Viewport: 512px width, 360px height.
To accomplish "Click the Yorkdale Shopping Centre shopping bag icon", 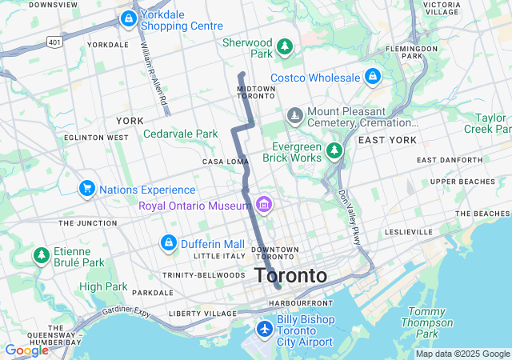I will coord(127,18).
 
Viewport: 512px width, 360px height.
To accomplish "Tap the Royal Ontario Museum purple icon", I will coord(264,206).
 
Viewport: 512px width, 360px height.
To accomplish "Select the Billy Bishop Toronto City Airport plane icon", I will coord(265,328).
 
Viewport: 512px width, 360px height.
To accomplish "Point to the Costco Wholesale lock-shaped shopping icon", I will coord(372,77).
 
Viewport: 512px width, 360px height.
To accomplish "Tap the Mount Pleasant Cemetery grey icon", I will coord(295,117).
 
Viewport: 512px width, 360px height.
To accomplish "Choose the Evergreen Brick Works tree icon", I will coord(334,150).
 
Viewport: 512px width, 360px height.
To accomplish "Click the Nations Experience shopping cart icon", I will coord(87,189).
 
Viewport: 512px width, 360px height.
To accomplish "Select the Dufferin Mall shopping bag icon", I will coord(169,242).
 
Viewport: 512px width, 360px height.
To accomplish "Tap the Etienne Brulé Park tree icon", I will coord(41,255).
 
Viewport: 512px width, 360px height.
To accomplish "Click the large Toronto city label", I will coord(290,276).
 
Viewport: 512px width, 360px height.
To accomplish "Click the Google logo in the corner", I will coord(27,350).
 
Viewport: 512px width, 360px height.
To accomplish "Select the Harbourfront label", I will coord(300,303).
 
